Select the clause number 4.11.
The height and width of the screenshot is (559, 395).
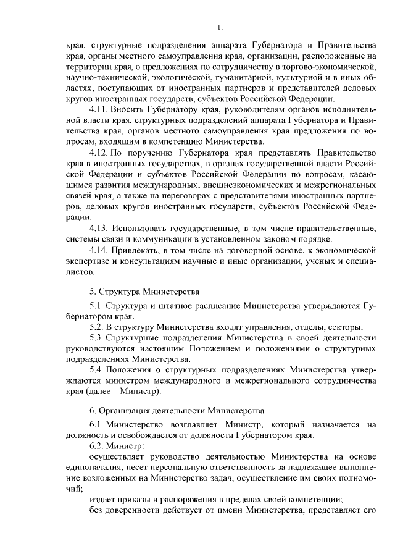(99, 109)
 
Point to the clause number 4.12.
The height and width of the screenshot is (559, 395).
(99, 151)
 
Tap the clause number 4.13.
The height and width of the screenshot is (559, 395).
(99, 229)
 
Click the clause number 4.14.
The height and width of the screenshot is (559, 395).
(99, 249)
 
